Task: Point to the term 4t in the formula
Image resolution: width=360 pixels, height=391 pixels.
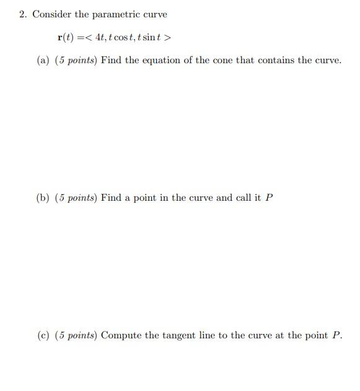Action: pyautogui.click(x=99, y=37)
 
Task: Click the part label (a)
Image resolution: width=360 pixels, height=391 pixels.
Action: pyautogui.click(x=43, y=61)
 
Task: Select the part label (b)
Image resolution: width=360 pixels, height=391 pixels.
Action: pyautogui.click(x=43, y=198)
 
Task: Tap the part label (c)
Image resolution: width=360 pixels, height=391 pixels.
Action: pyautogui.click(x=43, y=335)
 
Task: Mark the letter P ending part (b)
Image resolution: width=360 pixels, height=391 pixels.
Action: pyautogui.click(x=269, y=198)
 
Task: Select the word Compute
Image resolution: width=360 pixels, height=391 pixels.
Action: pyautogui.click(x=122, y=335)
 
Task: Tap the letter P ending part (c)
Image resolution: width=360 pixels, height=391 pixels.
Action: pyautogui.click(x=336, y=335)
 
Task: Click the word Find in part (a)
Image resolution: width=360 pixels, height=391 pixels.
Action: pyautogui.click(x=111, y=61)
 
